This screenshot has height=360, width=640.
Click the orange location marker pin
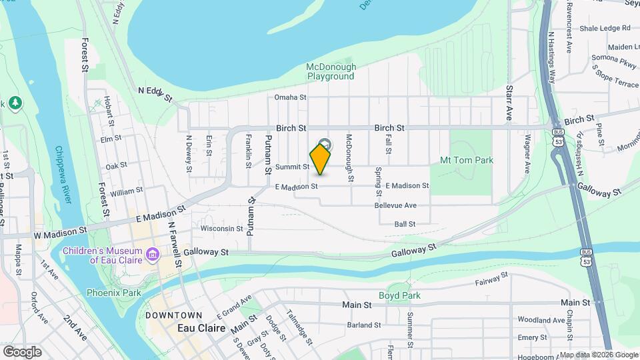321,159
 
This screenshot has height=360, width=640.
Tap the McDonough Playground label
331,71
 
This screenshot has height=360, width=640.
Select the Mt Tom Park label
467,160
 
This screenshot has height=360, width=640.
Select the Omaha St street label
290,97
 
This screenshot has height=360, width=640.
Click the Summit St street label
293,167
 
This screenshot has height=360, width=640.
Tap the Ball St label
405,224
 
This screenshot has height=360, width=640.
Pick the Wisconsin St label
222,228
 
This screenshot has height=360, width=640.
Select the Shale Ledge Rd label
605,28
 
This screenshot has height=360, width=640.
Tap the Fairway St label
491,279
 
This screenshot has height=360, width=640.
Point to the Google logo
22,351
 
